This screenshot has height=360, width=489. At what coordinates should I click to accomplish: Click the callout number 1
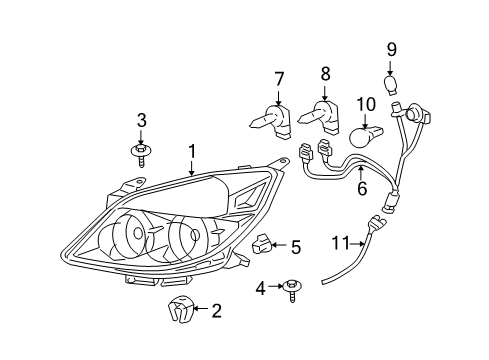click(191, 153)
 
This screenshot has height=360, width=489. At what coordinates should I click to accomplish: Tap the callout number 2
click(215, 312)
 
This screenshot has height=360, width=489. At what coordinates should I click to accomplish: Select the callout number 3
click(142, 121)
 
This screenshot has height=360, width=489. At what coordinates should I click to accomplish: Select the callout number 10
click(366, 104)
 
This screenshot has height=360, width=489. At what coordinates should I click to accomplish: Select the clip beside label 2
click(179, 312)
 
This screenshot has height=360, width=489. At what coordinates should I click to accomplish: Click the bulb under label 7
click(270, 120)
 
